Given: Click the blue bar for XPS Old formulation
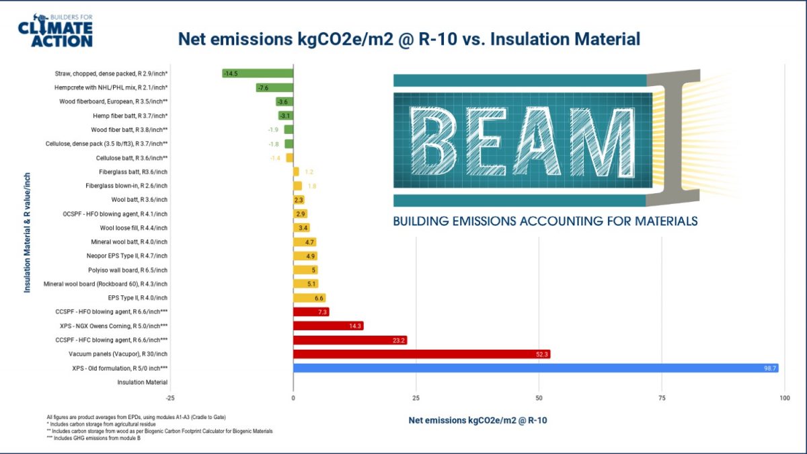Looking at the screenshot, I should click(535, 368).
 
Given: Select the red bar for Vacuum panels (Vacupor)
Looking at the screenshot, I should click(421, 354).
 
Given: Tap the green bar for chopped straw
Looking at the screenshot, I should click(258, 73).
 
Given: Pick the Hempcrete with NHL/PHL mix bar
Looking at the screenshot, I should click(274, 87).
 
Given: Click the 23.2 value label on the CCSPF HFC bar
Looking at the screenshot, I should click(399, 340).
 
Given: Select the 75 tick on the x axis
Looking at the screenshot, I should click(662, 398).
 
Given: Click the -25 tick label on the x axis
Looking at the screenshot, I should click(170, 398).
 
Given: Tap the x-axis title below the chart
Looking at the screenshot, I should click(477, 420).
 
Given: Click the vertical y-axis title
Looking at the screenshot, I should click(28, 232).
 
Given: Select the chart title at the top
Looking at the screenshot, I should click(408, 39).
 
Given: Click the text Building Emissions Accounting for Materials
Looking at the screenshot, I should click(545, 221).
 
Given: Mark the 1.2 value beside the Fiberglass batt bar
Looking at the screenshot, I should click(309, 172).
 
